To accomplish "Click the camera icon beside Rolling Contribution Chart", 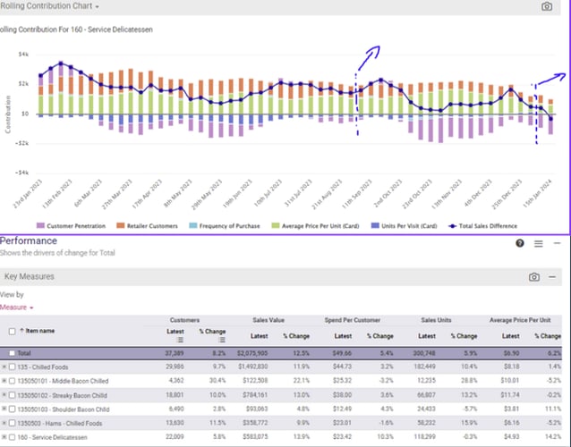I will (547, 6).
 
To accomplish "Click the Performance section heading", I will (28, 241).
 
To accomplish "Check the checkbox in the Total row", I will (12, 353).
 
